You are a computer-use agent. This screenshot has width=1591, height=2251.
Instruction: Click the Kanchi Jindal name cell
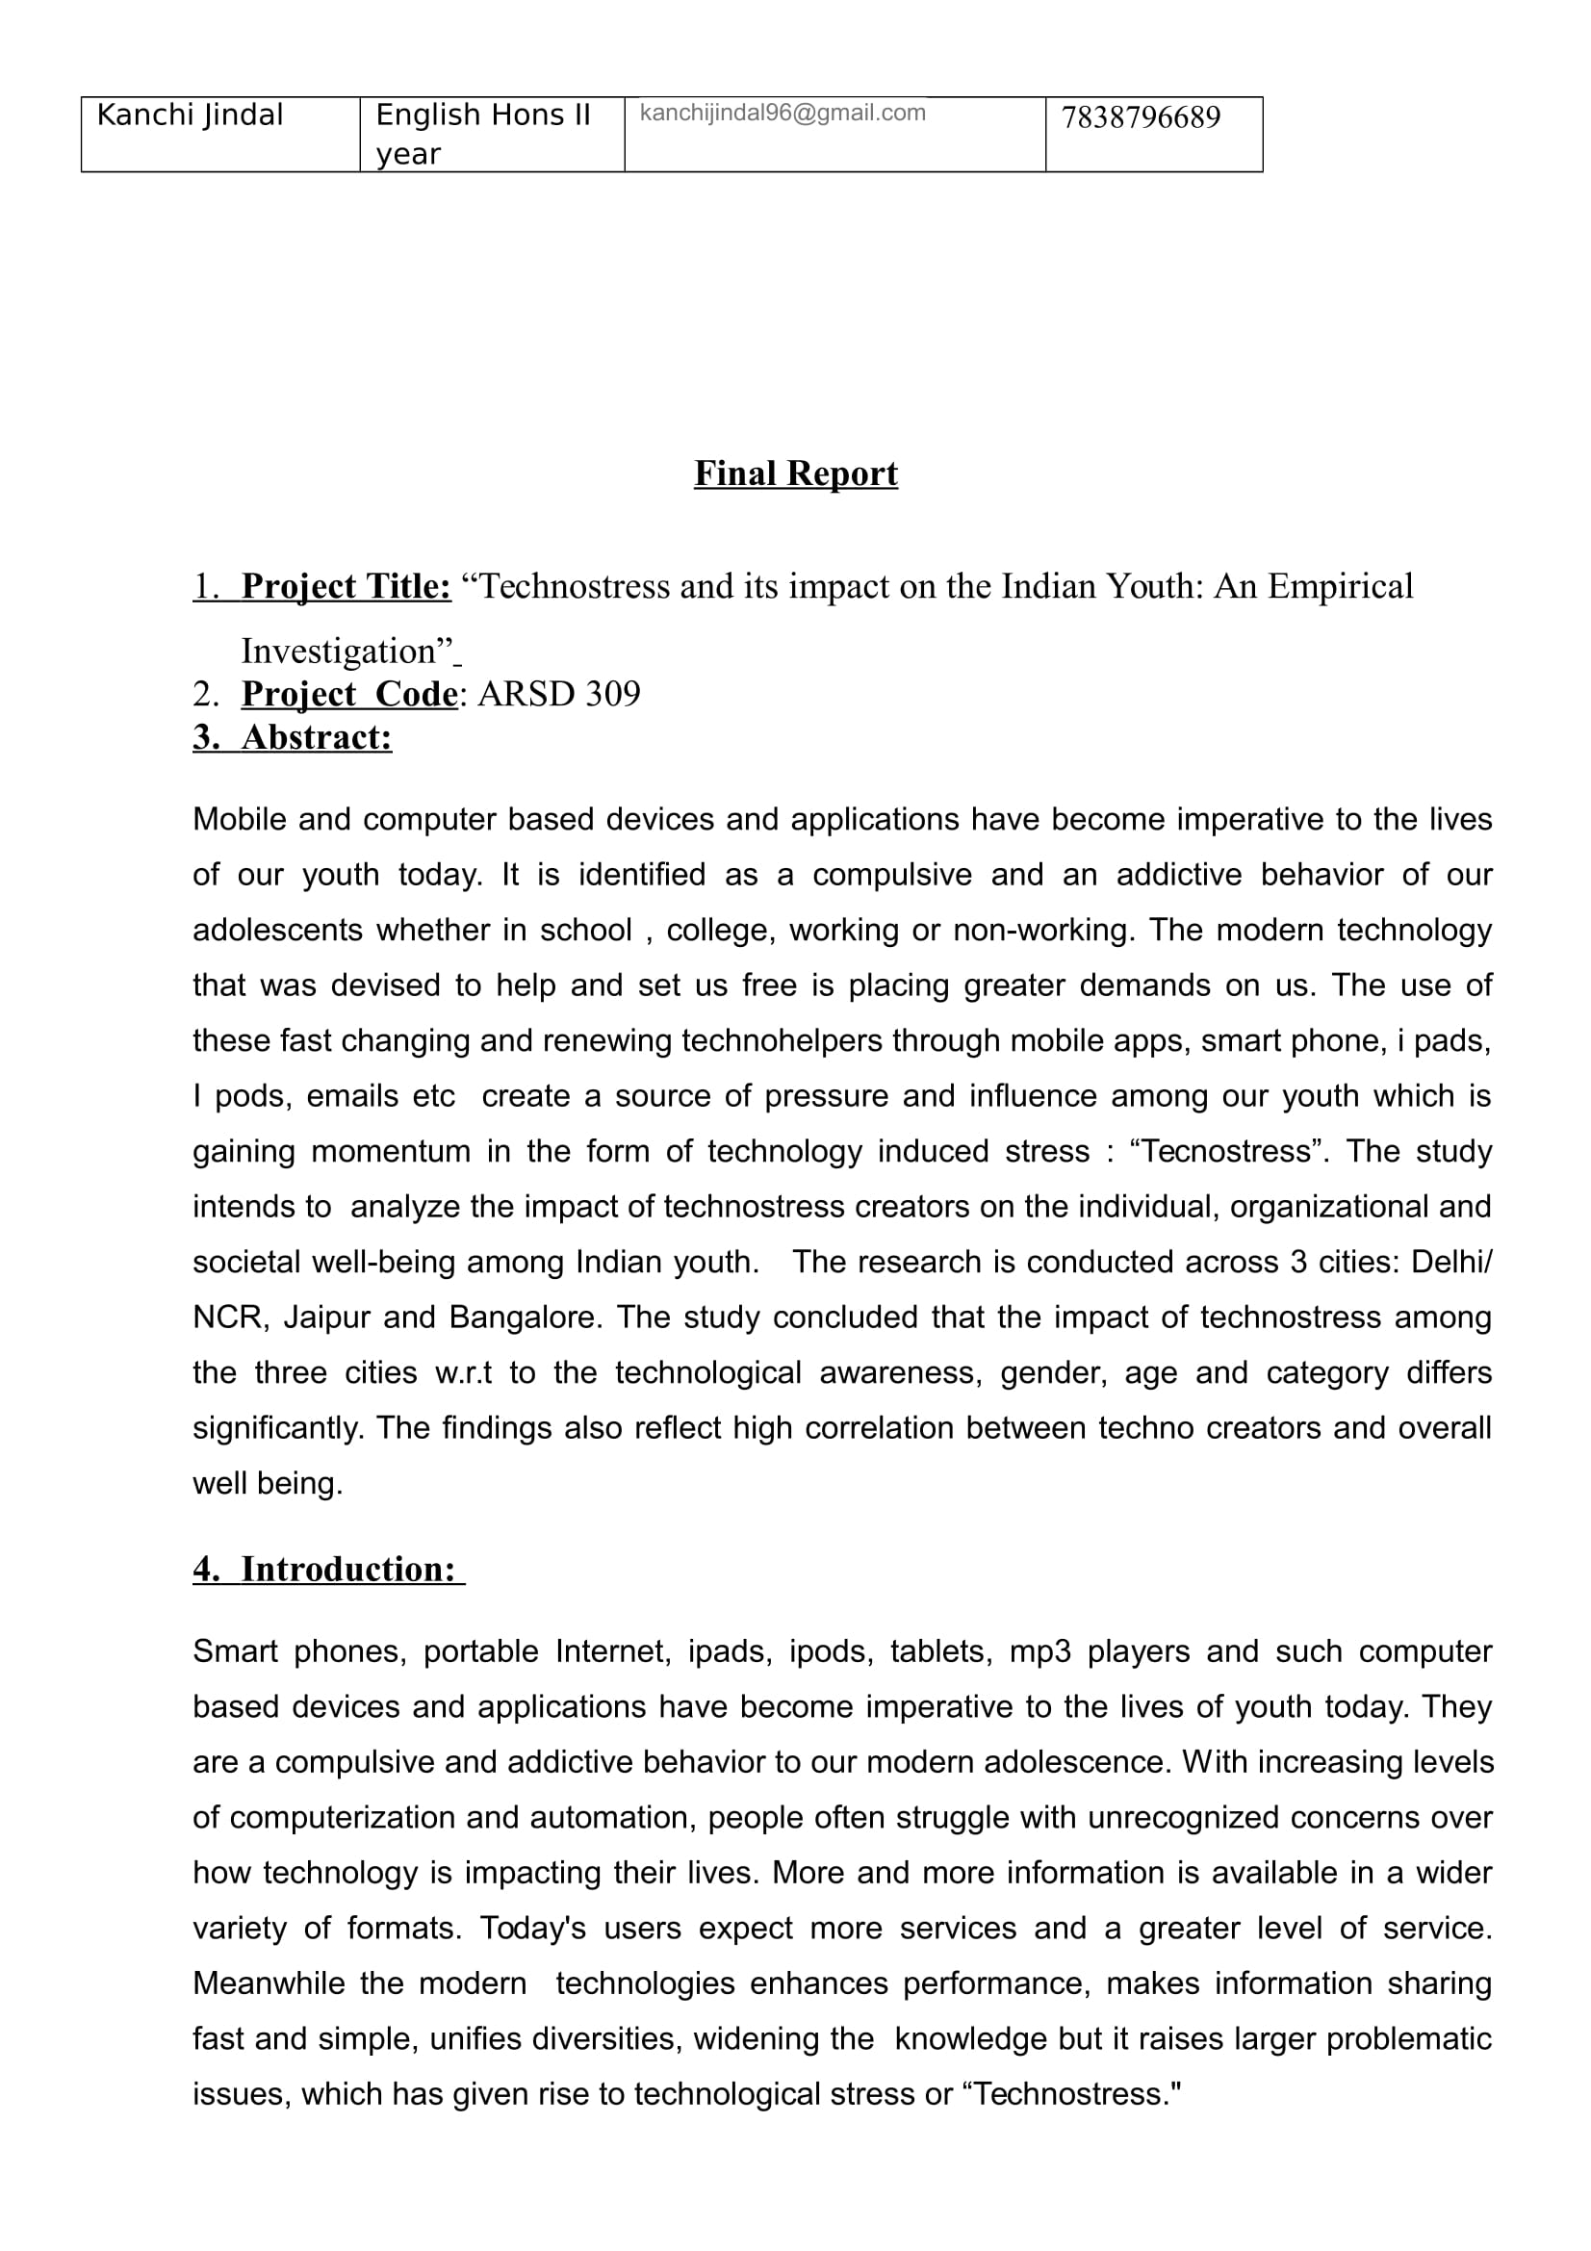point(191,115)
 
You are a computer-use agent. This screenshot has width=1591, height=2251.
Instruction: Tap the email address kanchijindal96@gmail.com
point(783,113)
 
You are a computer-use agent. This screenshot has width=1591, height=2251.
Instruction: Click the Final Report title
point(795,473)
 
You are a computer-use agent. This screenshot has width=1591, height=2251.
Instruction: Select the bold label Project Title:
point(346,586)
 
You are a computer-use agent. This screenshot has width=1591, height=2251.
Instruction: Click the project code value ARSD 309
point(559,694)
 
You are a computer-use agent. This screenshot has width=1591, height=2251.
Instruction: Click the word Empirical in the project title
point(1340,586)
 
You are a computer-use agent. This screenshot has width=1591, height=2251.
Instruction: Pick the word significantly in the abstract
point(277,1427)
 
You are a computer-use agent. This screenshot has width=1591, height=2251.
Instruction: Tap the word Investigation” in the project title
point(347,651)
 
